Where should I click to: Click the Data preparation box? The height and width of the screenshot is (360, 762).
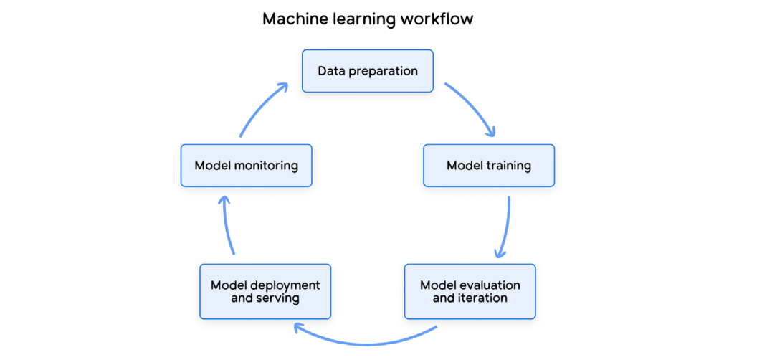click(367, 71)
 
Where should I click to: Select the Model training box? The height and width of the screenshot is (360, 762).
click(488, 166)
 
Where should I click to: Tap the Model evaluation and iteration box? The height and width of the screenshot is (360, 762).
click(470, 291)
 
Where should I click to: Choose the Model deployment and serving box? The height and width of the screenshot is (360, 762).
click(265, 291)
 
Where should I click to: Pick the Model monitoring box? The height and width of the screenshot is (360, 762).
click(246, 166)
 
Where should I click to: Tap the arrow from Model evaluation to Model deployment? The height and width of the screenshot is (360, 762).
click(366, 339)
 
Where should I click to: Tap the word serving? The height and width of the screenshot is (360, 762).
click(278, 298)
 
